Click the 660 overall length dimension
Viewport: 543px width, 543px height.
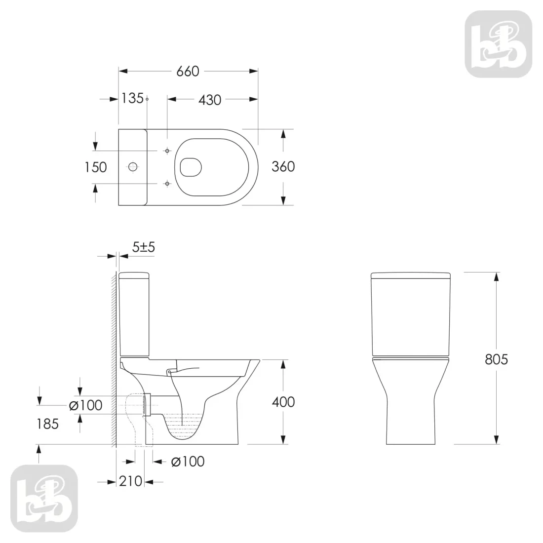188,72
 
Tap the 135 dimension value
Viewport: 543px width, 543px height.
132,98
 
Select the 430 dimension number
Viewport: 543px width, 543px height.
210,100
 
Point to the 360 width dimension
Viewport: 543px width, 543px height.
283,166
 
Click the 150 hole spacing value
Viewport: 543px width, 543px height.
96,167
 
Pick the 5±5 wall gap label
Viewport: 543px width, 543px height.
143,247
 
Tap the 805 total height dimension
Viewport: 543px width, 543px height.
496,359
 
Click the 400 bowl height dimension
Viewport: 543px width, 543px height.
283,402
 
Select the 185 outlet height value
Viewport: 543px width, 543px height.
48,424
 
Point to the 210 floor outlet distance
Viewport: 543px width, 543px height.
130,481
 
